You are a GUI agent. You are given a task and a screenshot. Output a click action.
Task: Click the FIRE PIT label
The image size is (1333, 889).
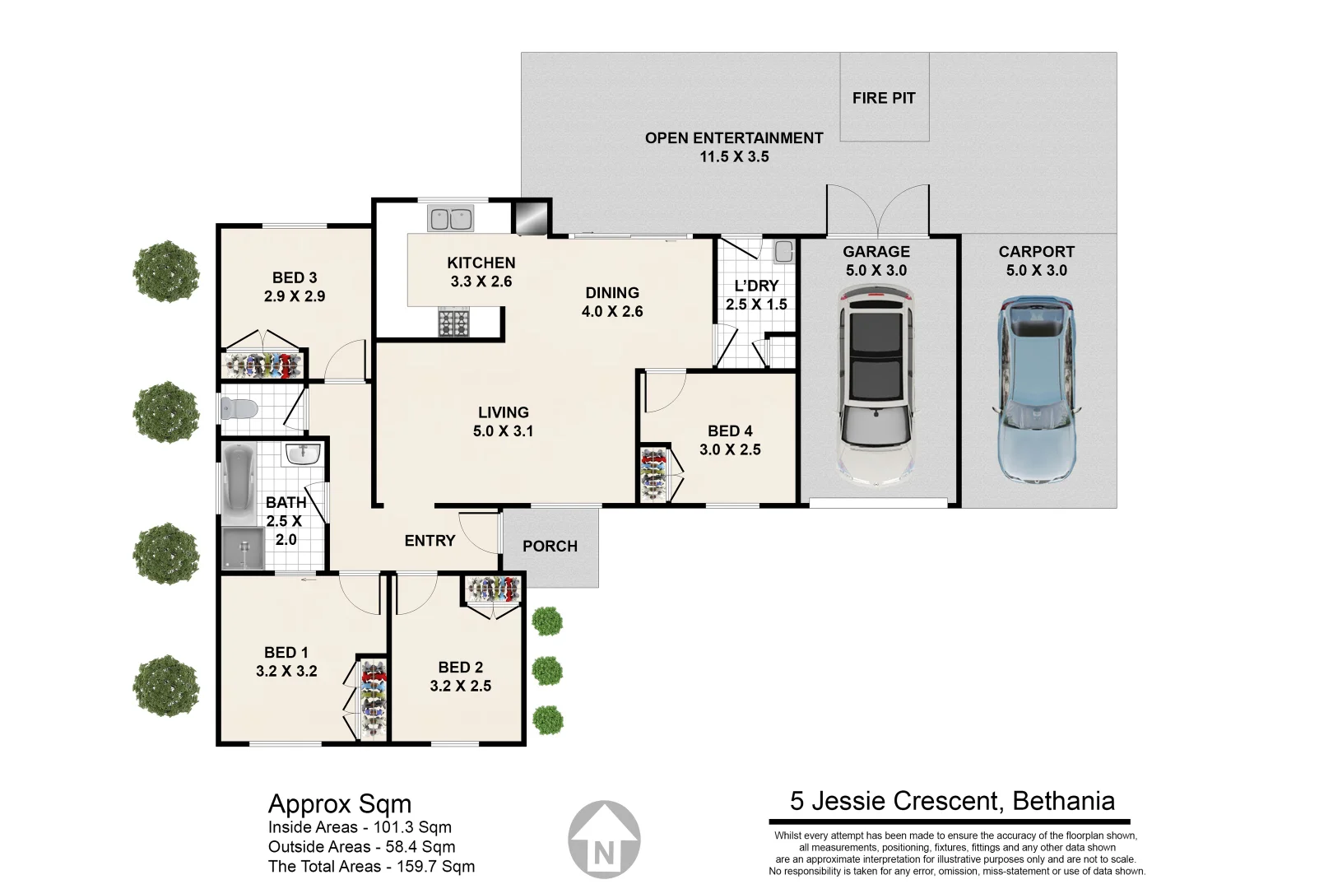pos(884,98)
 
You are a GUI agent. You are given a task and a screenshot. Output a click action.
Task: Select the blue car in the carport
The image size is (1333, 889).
pos(1037,389)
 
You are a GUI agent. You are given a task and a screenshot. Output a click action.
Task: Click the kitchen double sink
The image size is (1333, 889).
pos(451,219)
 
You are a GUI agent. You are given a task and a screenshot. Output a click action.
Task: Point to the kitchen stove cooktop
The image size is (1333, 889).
pos(453,322)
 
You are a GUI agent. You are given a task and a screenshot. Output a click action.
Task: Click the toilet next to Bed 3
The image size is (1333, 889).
pos(240,408)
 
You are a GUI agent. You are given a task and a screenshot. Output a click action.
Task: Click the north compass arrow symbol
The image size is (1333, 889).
pos(604,840)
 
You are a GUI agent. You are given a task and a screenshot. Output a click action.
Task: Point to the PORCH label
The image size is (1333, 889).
pos(550,546)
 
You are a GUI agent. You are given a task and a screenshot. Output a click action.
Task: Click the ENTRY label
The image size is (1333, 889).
pos(430,541)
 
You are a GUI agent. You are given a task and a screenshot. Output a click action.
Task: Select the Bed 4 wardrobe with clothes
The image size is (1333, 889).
pos(654,474)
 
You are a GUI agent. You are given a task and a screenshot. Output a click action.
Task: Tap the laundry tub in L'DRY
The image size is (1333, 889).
pos(783,250)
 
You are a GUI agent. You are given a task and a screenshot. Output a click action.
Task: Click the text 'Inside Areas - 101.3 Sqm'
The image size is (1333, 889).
pos(360,827)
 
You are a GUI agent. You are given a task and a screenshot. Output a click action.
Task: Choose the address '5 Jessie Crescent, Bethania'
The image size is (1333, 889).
pos(952,801)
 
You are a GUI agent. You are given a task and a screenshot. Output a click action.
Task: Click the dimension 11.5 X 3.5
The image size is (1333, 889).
pos(734,156)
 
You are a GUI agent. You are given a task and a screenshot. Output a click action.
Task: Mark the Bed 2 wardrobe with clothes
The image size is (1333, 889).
pos(494,589)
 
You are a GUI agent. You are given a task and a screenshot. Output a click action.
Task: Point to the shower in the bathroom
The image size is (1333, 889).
pos(244,547)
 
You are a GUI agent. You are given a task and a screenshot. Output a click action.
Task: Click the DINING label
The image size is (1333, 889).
pos(612,293)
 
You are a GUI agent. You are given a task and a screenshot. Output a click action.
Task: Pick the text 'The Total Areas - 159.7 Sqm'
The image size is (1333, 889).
pos(371,866)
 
